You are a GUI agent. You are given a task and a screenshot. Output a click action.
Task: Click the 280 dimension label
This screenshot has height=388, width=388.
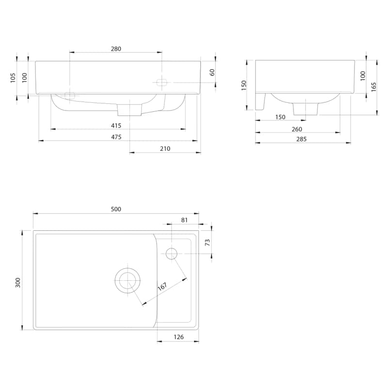pyautogui.click(x=116, y=49)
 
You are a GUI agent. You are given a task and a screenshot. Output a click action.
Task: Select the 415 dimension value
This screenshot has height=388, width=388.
pyautogui.click(x=116, y=126)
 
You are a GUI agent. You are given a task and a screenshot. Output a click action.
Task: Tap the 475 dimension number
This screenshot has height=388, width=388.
pyautogui.click(x=116, y=137)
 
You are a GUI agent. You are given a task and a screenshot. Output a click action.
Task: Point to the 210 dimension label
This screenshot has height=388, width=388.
pyautogui.click(x=165, y=149)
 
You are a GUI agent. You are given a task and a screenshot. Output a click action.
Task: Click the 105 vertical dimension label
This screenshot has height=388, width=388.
pyautogui.click(x=13, y=78)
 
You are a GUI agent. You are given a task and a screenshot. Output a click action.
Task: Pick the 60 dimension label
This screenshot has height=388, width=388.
pyautogui.click(x=212, y=72)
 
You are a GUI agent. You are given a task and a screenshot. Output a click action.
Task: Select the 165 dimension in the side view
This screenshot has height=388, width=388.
pyautogui.click(x=373, y=87)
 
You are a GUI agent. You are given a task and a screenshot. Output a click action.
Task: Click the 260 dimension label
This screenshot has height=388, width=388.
pyautogui.click(x=297, y=129)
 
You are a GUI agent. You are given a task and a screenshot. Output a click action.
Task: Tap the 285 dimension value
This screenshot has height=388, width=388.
pyautogui.click(x=301, y=139)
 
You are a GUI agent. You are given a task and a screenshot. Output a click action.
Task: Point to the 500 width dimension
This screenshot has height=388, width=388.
pyautogui.click(x=116, y=209)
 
